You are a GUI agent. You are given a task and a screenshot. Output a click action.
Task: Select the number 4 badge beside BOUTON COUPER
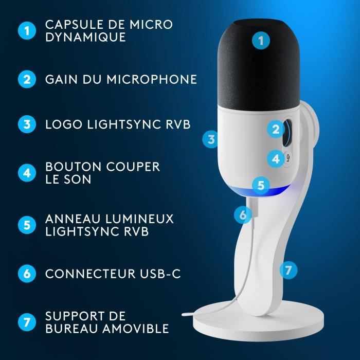click(x=27, y=173)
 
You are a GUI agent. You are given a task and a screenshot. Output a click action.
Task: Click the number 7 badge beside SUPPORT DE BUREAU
click(x=27, y=322)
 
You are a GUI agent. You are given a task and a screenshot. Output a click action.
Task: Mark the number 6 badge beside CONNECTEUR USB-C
click(x=27, y=274)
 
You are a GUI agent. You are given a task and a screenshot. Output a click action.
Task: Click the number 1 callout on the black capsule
click(x=262, y=41)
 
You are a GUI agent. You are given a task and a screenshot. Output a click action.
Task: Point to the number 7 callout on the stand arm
click(x=289, y=269)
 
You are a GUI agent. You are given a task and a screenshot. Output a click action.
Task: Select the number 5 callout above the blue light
click(x=261, y=185)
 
